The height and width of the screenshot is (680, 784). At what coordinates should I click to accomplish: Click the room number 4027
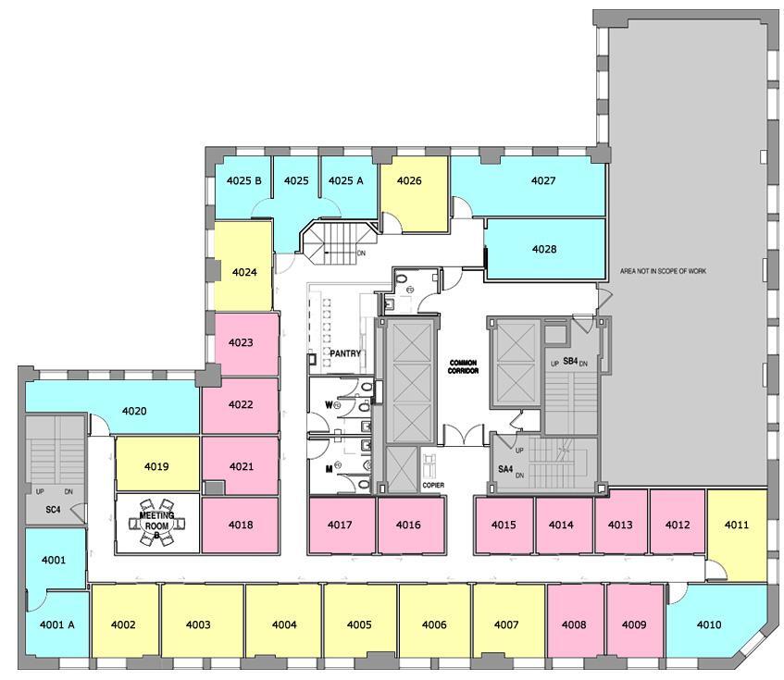click(x=543, y=181)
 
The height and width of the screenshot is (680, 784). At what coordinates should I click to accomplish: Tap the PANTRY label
click(x=344, y=353)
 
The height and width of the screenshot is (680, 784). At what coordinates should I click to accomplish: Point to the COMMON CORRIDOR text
click(x=463, y=366)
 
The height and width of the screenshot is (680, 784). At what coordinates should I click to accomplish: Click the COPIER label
click(x=433, y=485)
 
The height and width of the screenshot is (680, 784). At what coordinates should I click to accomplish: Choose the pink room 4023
click(x=241, y=343)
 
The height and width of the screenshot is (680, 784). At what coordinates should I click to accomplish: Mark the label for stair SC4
click(x=53, y=510)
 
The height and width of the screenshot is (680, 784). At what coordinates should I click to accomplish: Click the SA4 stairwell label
click(x=505, y=469)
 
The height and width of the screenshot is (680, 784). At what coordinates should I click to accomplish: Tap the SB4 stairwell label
click(x=570, y=361)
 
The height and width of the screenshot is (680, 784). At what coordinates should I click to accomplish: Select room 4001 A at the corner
click(x=57, y=624)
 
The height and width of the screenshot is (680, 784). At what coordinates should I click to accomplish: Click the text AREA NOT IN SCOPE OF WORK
click(x=663, y=271)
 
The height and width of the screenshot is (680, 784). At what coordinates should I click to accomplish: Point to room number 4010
click(x=708, y=624)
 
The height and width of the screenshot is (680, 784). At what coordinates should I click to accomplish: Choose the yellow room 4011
click(x=737, y=525)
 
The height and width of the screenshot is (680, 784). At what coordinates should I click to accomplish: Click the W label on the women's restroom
click(x=328, y=404)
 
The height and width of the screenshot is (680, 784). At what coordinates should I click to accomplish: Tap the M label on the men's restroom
click(x=328, y=468)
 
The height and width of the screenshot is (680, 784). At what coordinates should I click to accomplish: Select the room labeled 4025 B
click(x=243, y=181)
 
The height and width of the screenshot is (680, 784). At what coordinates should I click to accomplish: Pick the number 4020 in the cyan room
click(x=134, y=411)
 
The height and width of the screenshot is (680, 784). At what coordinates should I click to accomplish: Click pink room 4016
click(x=408, y=525)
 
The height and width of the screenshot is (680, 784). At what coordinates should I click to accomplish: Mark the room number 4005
click(x=359, y=624)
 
